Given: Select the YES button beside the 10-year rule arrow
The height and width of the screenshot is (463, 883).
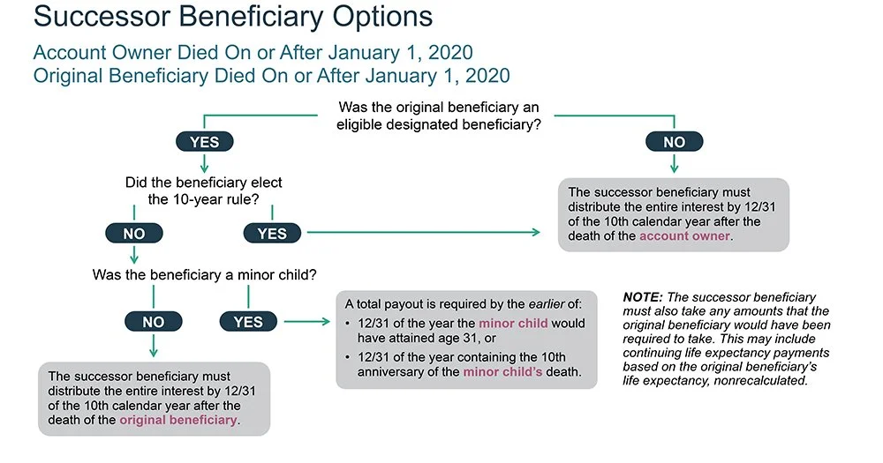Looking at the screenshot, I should click(x=272, y=233).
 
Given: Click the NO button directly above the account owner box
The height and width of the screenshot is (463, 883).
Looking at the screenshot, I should click(x=674, y=141).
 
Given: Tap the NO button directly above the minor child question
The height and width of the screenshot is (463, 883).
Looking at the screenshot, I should click(x=133, y=233).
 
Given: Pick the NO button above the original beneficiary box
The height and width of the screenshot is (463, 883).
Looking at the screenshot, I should click(x=154, y=323).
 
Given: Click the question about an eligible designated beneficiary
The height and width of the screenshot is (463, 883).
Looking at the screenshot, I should click(x=439, y=116).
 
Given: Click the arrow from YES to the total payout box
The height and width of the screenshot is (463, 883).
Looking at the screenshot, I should click(x=308, y=323).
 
